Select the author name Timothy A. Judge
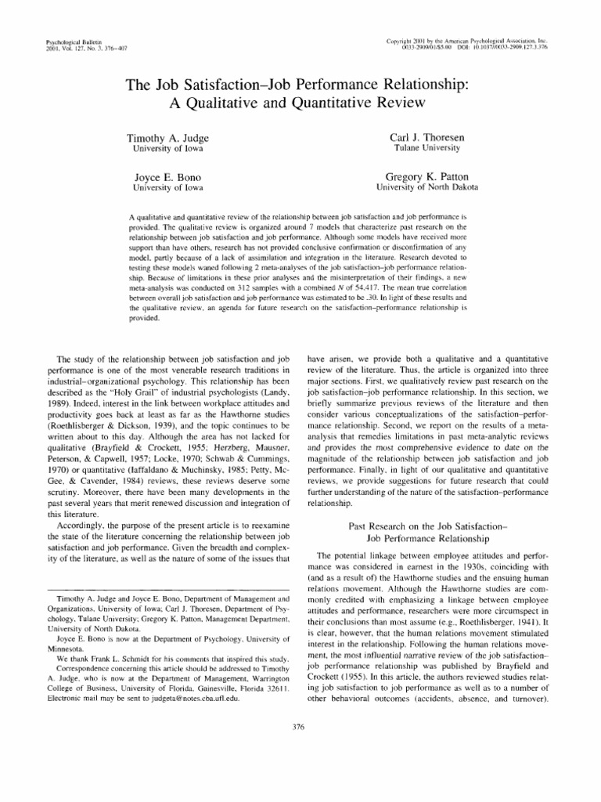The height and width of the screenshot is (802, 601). coord(167,138)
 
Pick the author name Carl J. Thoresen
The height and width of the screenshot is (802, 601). coord(436,138)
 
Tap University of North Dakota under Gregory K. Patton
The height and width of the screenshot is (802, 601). coord(427,188)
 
